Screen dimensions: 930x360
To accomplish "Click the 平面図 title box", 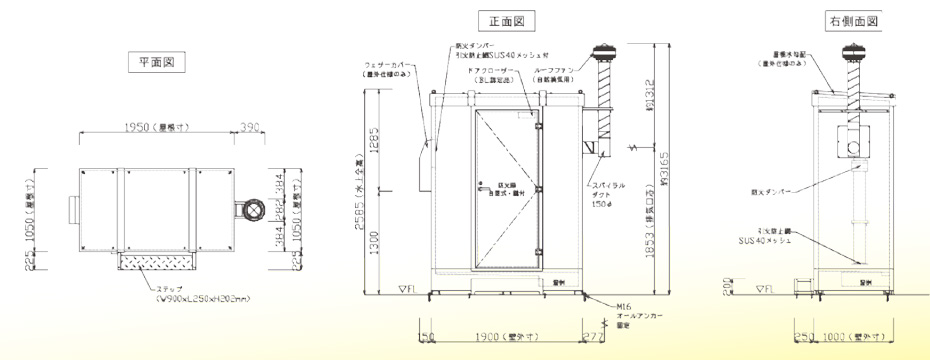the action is [157, 62].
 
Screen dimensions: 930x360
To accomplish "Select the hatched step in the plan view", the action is [157, 262].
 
